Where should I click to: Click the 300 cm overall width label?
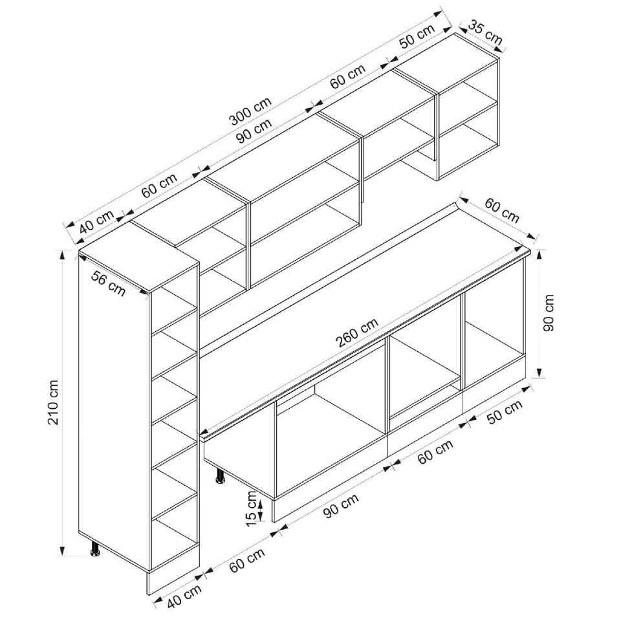[x=251, y=111]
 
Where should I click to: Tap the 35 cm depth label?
[x=485, y=33]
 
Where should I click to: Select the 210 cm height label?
[x=53, y=402]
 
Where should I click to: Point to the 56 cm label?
[x=108, y=283]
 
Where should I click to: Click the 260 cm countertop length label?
[x=357, y=332]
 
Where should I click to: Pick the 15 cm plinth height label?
[x=252, y=508]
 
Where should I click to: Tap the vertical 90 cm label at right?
[x=549, y=313]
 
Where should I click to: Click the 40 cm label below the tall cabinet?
[x=184, y=596]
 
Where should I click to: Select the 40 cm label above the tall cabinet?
[x=97, y=223]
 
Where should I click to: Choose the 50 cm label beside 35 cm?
[x=417, y=36]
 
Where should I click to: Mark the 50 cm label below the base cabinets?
[x=505, y=412]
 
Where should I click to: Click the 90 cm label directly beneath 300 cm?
[x=254, y=130]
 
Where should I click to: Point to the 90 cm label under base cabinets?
[x=341, y=505]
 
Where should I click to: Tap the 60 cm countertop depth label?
[x=502, y=211]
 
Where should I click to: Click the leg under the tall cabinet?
[x=96, y=548]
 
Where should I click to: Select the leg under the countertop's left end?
[x=220, y=475]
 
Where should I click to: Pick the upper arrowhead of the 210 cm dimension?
[x=62, y=255]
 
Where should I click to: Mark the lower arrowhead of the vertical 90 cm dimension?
[x=539, y=373]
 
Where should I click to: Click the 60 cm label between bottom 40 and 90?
[x=247, y=560]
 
